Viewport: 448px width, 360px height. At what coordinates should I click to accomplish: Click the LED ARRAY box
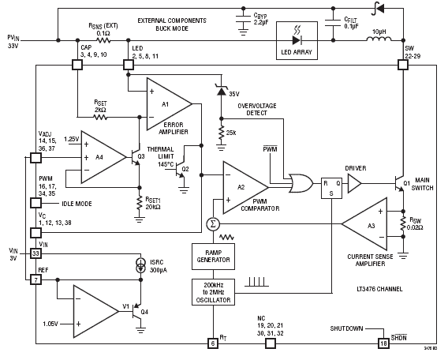(297, 40)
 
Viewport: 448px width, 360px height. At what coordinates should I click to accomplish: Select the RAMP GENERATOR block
(213, 257)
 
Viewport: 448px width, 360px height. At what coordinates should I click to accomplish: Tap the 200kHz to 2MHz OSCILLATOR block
(213, 292)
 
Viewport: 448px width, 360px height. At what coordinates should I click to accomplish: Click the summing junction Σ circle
(213, 224)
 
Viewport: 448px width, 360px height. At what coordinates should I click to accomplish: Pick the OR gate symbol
(301, 183)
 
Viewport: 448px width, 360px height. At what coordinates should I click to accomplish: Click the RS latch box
(331, 188)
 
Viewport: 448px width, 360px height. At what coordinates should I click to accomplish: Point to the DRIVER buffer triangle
(355, 183)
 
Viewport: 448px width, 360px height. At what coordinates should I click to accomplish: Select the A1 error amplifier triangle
(169, 103)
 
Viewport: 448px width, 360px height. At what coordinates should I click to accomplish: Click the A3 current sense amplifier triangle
(364, 224)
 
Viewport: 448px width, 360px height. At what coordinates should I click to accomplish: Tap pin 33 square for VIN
(35, 253)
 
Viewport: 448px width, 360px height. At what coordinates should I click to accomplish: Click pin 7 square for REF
(35, 279)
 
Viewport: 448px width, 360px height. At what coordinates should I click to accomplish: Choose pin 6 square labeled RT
(213, 343)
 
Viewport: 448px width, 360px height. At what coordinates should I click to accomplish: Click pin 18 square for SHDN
(383, 343)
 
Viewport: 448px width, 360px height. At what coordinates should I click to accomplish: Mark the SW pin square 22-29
(403, 65)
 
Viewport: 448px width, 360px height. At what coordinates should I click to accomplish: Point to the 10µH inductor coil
(379, 39)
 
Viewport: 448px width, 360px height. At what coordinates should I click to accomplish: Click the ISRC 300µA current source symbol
(140, 265)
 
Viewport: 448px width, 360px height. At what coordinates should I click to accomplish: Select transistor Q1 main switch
(399, 184)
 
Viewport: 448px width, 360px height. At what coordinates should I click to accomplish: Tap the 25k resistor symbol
(221, 133)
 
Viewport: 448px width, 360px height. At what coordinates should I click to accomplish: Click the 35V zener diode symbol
(221, 90)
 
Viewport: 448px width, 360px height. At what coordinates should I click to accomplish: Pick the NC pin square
(271, 343)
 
